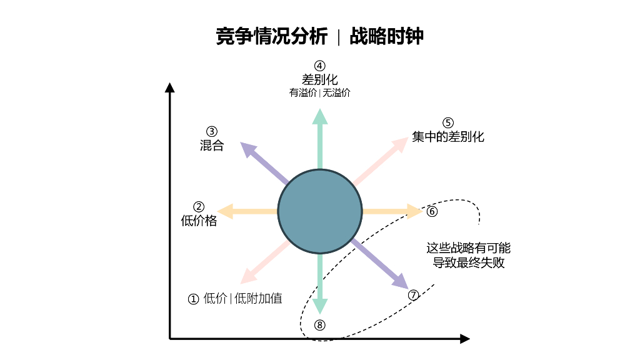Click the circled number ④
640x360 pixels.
pos(320,66)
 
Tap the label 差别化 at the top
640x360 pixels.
pos(320,79)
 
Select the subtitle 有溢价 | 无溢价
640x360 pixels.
pos(320,93)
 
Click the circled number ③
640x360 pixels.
pos(212,131)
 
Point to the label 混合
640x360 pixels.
pos(212,145)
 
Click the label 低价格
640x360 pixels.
pos(199,220)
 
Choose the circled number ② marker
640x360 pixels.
pos(199,206)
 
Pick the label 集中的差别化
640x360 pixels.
pos(448,136)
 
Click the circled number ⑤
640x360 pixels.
pos(448,123)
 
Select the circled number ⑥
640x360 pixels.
pos(432,211)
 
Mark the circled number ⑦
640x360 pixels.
pos(413,295)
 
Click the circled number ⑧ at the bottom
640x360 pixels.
pos(320,324)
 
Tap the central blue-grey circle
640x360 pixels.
pos(320,211)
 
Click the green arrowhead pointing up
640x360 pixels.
pos(320,116)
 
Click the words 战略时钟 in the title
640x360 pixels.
pos(387,36)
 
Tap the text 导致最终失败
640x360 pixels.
pos(469,262)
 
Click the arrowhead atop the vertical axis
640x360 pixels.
pos(169,87)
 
